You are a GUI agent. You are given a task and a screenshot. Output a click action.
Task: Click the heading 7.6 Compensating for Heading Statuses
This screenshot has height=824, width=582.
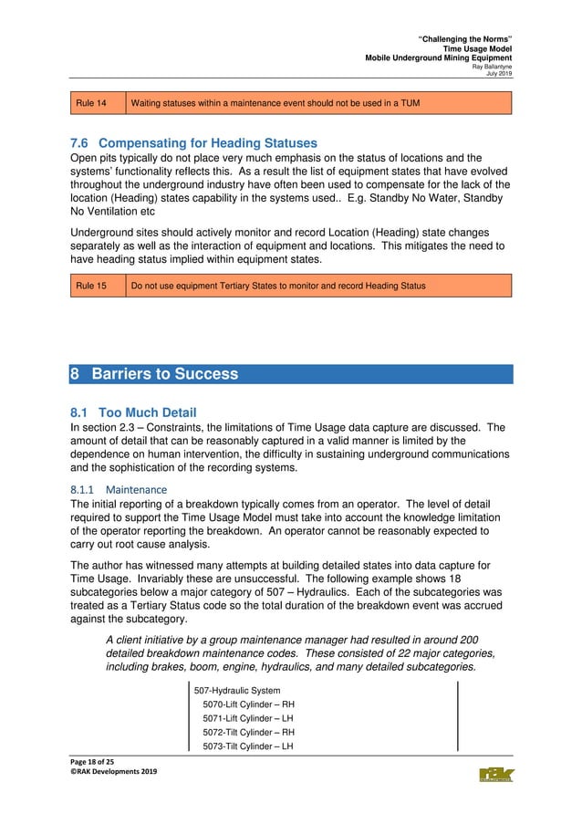(x=193, y=143)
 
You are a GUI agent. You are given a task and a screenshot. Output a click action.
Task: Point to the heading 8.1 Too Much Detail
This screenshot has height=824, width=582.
(x=133, y=412)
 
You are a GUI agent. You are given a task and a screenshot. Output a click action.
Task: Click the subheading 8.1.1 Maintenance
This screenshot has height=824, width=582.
(x=118, y=490)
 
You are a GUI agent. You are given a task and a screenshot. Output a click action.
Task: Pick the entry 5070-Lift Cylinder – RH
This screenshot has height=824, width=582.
(x=248, y=704)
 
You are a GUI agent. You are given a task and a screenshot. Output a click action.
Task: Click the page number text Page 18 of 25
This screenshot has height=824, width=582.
(x=98, y=762)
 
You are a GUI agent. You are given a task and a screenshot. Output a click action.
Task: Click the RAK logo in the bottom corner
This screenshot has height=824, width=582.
(x=495, y=775)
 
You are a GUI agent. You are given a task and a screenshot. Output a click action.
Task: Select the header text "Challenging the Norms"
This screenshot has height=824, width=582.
(x=464, y=38)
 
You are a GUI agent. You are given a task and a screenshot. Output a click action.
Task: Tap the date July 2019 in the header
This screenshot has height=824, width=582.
(x=497, y=74)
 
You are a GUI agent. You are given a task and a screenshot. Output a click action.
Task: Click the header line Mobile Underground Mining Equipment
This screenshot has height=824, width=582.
(x=439, y=57)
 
